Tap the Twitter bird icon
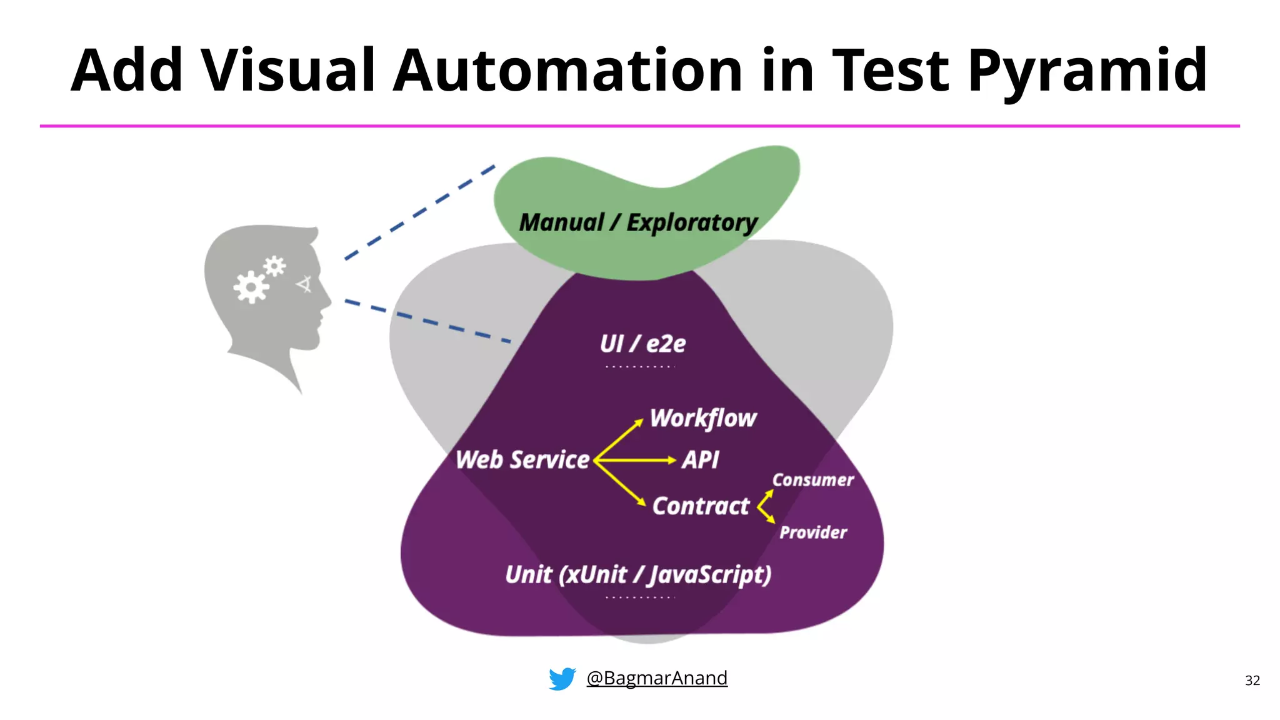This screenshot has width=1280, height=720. [562, 678]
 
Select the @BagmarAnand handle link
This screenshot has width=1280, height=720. [656, 678]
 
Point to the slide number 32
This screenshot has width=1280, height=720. [1252, 681]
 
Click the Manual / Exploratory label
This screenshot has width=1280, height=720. [638, 223]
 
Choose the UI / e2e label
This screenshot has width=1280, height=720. [642, 344]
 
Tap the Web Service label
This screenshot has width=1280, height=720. [522, 460]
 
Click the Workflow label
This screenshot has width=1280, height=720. [703, 418]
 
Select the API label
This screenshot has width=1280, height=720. [700, 460]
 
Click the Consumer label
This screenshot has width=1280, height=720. [812, 480]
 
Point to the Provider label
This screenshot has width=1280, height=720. [812, 532]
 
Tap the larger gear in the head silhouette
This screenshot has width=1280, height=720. [251, 287]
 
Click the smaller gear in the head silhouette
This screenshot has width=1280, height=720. [274, 267]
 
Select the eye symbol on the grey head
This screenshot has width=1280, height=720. [305, 284]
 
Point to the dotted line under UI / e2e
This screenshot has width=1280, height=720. [640, 367]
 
